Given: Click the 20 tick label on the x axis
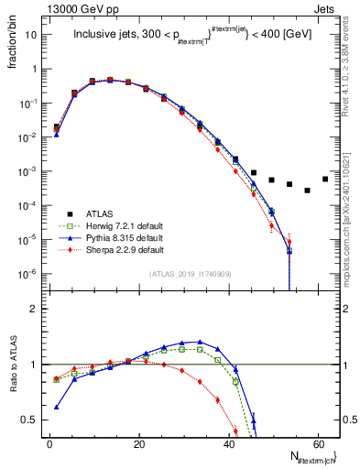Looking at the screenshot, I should pos(138,443).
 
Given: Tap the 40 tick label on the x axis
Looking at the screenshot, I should pos(228,443).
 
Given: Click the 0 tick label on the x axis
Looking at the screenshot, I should pos(49,443).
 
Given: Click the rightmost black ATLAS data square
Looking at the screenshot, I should pos(325,179).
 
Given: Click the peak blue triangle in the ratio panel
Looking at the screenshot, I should pos(200,342).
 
